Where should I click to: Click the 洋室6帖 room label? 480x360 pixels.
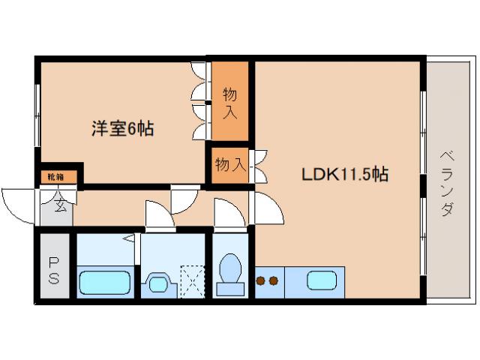tap(123, 129)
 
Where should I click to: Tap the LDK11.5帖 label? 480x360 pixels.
tap(344, 175)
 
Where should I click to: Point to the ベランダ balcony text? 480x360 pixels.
tap(446, 183)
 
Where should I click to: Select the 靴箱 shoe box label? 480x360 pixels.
tap(56, 177)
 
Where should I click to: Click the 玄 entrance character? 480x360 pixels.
tap(59, 204)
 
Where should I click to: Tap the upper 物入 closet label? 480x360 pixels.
tap(229, 103)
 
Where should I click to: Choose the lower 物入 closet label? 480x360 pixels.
tap(229, 163)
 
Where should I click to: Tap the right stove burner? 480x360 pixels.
tap(274, 281)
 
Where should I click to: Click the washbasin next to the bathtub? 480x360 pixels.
tap(159, 283)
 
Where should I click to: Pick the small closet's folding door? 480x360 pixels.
tap(259, 166)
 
